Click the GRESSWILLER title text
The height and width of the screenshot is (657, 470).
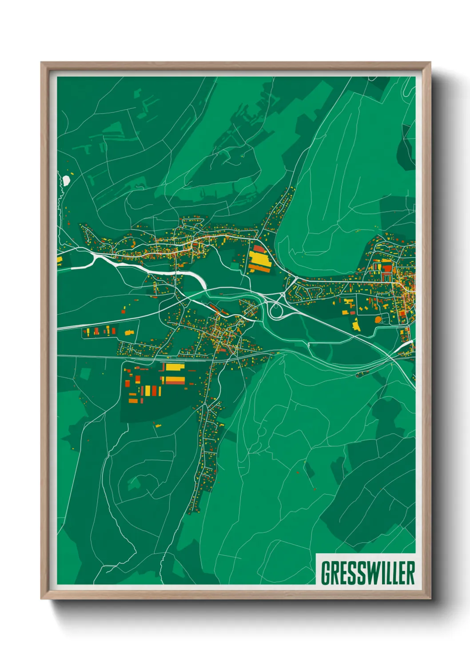[367, 573]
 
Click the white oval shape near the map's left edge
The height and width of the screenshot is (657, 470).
[66, 180]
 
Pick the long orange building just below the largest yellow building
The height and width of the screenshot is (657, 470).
[259, 268]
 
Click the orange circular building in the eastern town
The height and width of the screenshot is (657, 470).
[378, 319]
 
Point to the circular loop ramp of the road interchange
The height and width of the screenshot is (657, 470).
[275, 311]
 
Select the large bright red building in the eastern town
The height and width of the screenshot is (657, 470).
[387, 268]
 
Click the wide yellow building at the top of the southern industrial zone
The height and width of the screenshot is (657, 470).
[174, 367]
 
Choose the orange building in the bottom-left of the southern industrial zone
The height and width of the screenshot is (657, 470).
[133, 401]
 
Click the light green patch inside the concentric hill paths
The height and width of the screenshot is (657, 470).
[133, 484]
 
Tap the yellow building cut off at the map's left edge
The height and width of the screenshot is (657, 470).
[60, 260]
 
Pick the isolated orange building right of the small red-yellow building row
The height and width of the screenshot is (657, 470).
[129, 332]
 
